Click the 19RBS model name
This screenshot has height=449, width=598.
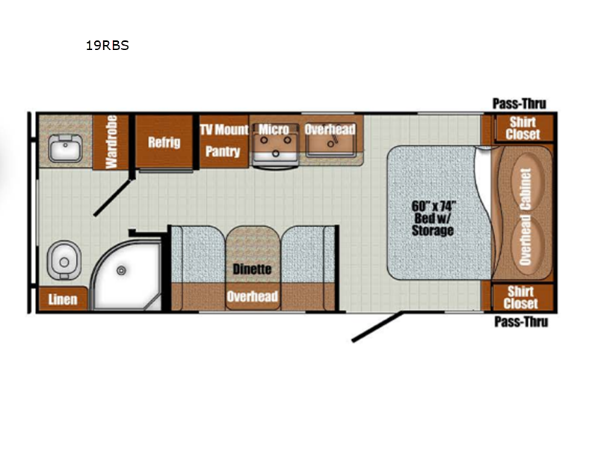pyautogui.click(x=107, y=46)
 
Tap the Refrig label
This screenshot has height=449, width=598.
pyautogui.click(x=164, y=142)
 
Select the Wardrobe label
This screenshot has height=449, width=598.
pyautogui.click(x=111, y=142)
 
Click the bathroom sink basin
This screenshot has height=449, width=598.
pyautogui.click(x=65, y=148)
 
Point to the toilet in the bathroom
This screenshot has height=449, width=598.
pyautogui.click(x=64, y=260)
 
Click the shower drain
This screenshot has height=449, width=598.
pyautogui.click(x=121, y=271)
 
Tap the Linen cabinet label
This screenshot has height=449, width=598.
pyautogui.click(x=63, y=299)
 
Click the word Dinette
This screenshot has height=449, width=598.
pyautogui.click(x=252, y=269)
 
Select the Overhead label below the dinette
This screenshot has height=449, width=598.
pyautogui.click(x=252, y=296)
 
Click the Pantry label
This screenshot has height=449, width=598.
pyautogui.click(x=223, y=152)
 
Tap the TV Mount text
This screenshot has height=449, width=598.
pyautogui.click(x=224, y=129)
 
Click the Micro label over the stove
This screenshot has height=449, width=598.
pyautogui.click(x=274, y=129)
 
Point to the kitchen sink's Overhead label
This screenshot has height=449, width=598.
pyautogui.click(x=330, y=129)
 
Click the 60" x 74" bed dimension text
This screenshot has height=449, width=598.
pyautogui.click(x=434, y=207)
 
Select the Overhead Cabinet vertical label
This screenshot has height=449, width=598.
pyautogui.click(x=525, y=217)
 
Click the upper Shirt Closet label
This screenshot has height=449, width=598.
pyautogui.click(x=523, y=128)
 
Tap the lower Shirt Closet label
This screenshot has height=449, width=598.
pyautogui.click(x=520, y=297)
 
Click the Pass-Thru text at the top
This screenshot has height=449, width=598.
pyautogui.click(x=520, y=103)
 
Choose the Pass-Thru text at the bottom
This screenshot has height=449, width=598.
pyautogui.click(x=521, y=322)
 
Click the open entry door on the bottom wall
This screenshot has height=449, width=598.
pyautogui.click(x=377, y=326)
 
